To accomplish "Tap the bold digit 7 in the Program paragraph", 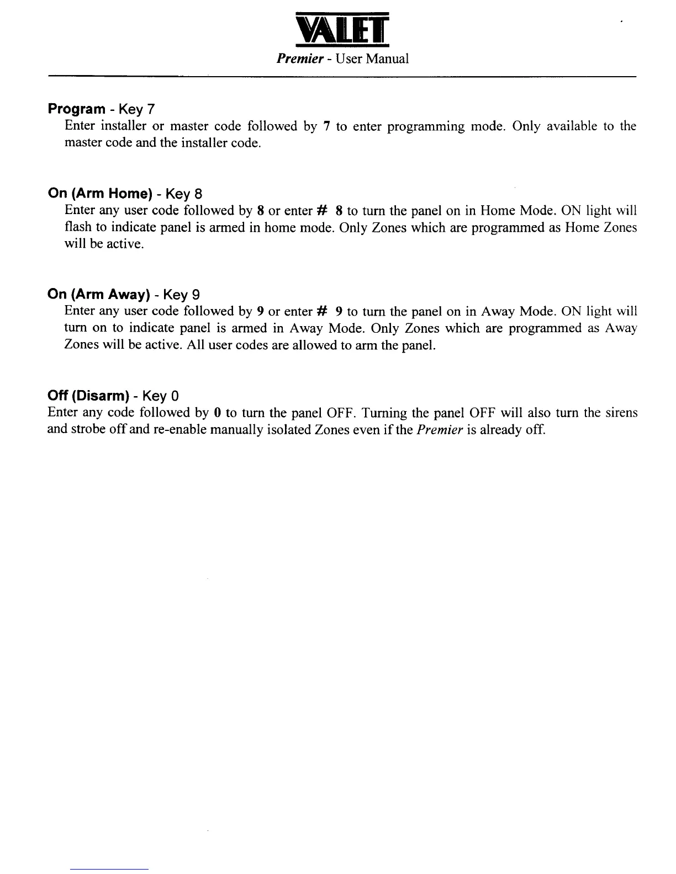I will pos(327,126).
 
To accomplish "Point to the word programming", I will pos(426,126).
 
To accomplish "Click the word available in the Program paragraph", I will pos(572,126).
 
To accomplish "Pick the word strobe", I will pos(88,429).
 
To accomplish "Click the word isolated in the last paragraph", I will pos(273,429).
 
